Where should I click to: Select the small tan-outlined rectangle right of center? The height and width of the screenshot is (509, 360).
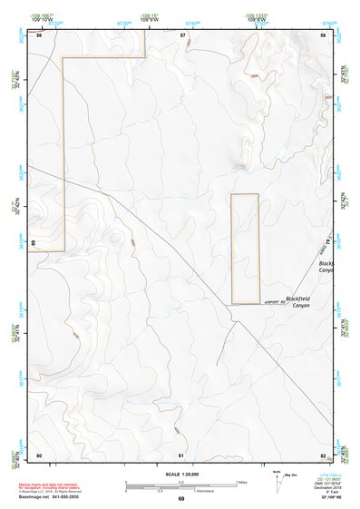245,249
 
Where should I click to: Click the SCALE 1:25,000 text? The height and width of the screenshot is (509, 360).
180,474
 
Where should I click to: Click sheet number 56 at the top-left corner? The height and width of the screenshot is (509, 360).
39,34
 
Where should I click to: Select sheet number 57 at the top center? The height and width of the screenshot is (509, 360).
182,34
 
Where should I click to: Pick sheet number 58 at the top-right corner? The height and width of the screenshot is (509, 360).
323,34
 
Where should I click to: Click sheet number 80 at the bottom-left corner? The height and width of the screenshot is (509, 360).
39,455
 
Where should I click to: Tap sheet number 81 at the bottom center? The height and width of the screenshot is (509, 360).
181,455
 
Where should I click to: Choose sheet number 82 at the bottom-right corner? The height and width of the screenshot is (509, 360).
323,455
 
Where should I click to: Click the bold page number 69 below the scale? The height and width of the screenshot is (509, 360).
180,499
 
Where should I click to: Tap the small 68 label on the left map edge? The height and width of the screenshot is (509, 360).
32,243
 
